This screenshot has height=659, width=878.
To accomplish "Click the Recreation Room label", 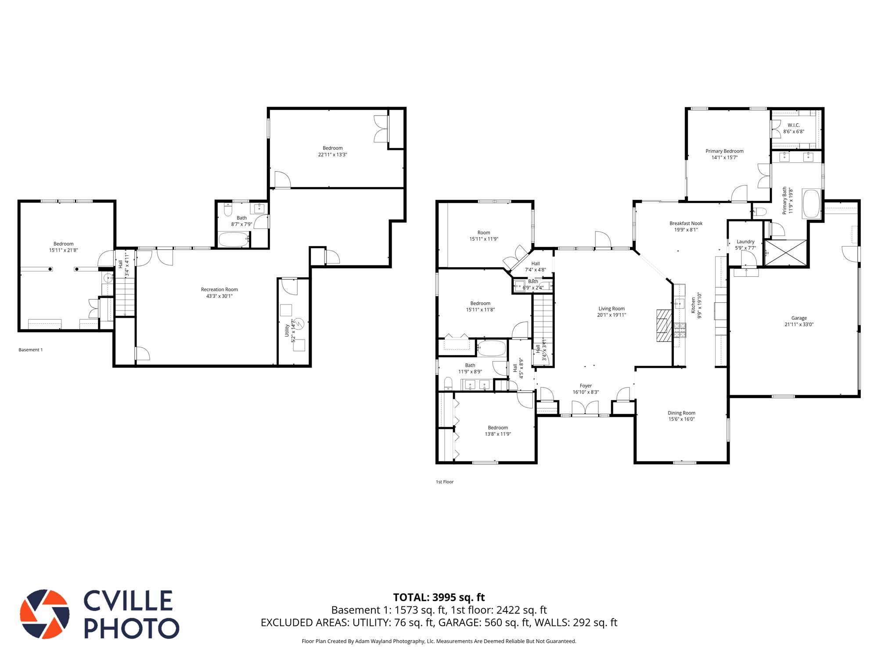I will coord(219,290).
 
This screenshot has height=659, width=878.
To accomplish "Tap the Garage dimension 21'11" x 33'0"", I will coord(799,325).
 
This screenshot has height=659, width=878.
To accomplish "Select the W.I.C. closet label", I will coord(793,125).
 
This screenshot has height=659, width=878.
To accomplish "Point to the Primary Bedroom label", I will coord(724,151).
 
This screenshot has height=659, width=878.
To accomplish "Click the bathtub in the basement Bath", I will coord(234,240).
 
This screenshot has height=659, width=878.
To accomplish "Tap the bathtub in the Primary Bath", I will coord(811,203).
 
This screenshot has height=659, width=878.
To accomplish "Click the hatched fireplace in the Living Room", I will coord(664,326).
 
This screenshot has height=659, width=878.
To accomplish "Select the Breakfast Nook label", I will coord(686,223).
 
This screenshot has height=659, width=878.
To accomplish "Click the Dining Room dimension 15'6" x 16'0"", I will coord(681,419).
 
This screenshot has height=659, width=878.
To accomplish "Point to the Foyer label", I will coord(586,386).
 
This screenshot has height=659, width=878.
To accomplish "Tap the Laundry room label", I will coord(745,242).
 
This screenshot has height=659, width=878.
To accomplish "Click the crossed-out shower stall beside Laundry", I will coord(786,253).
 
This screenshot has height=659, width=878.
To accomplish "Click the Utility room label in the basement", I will coord(287,330).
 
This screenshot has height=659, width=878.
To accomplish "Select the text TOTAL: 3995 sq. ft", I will coord(439,597).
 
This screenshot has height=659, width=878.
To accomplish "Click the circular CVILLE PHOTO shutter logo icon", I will coord(45,614).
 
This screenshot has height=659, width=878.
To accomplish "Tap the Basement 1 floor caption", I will coord(31,350).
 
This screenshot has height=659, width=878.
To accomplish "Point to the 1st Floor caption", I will coord(444,482).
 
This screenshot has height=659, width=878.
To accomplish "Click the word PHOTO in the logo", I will coord(131,628).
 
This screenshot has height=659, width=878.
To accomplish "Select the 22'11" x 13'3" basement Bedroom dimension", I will coord(332,155).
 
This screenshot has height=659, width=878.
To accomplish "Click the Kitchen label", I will coord(693,305).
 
